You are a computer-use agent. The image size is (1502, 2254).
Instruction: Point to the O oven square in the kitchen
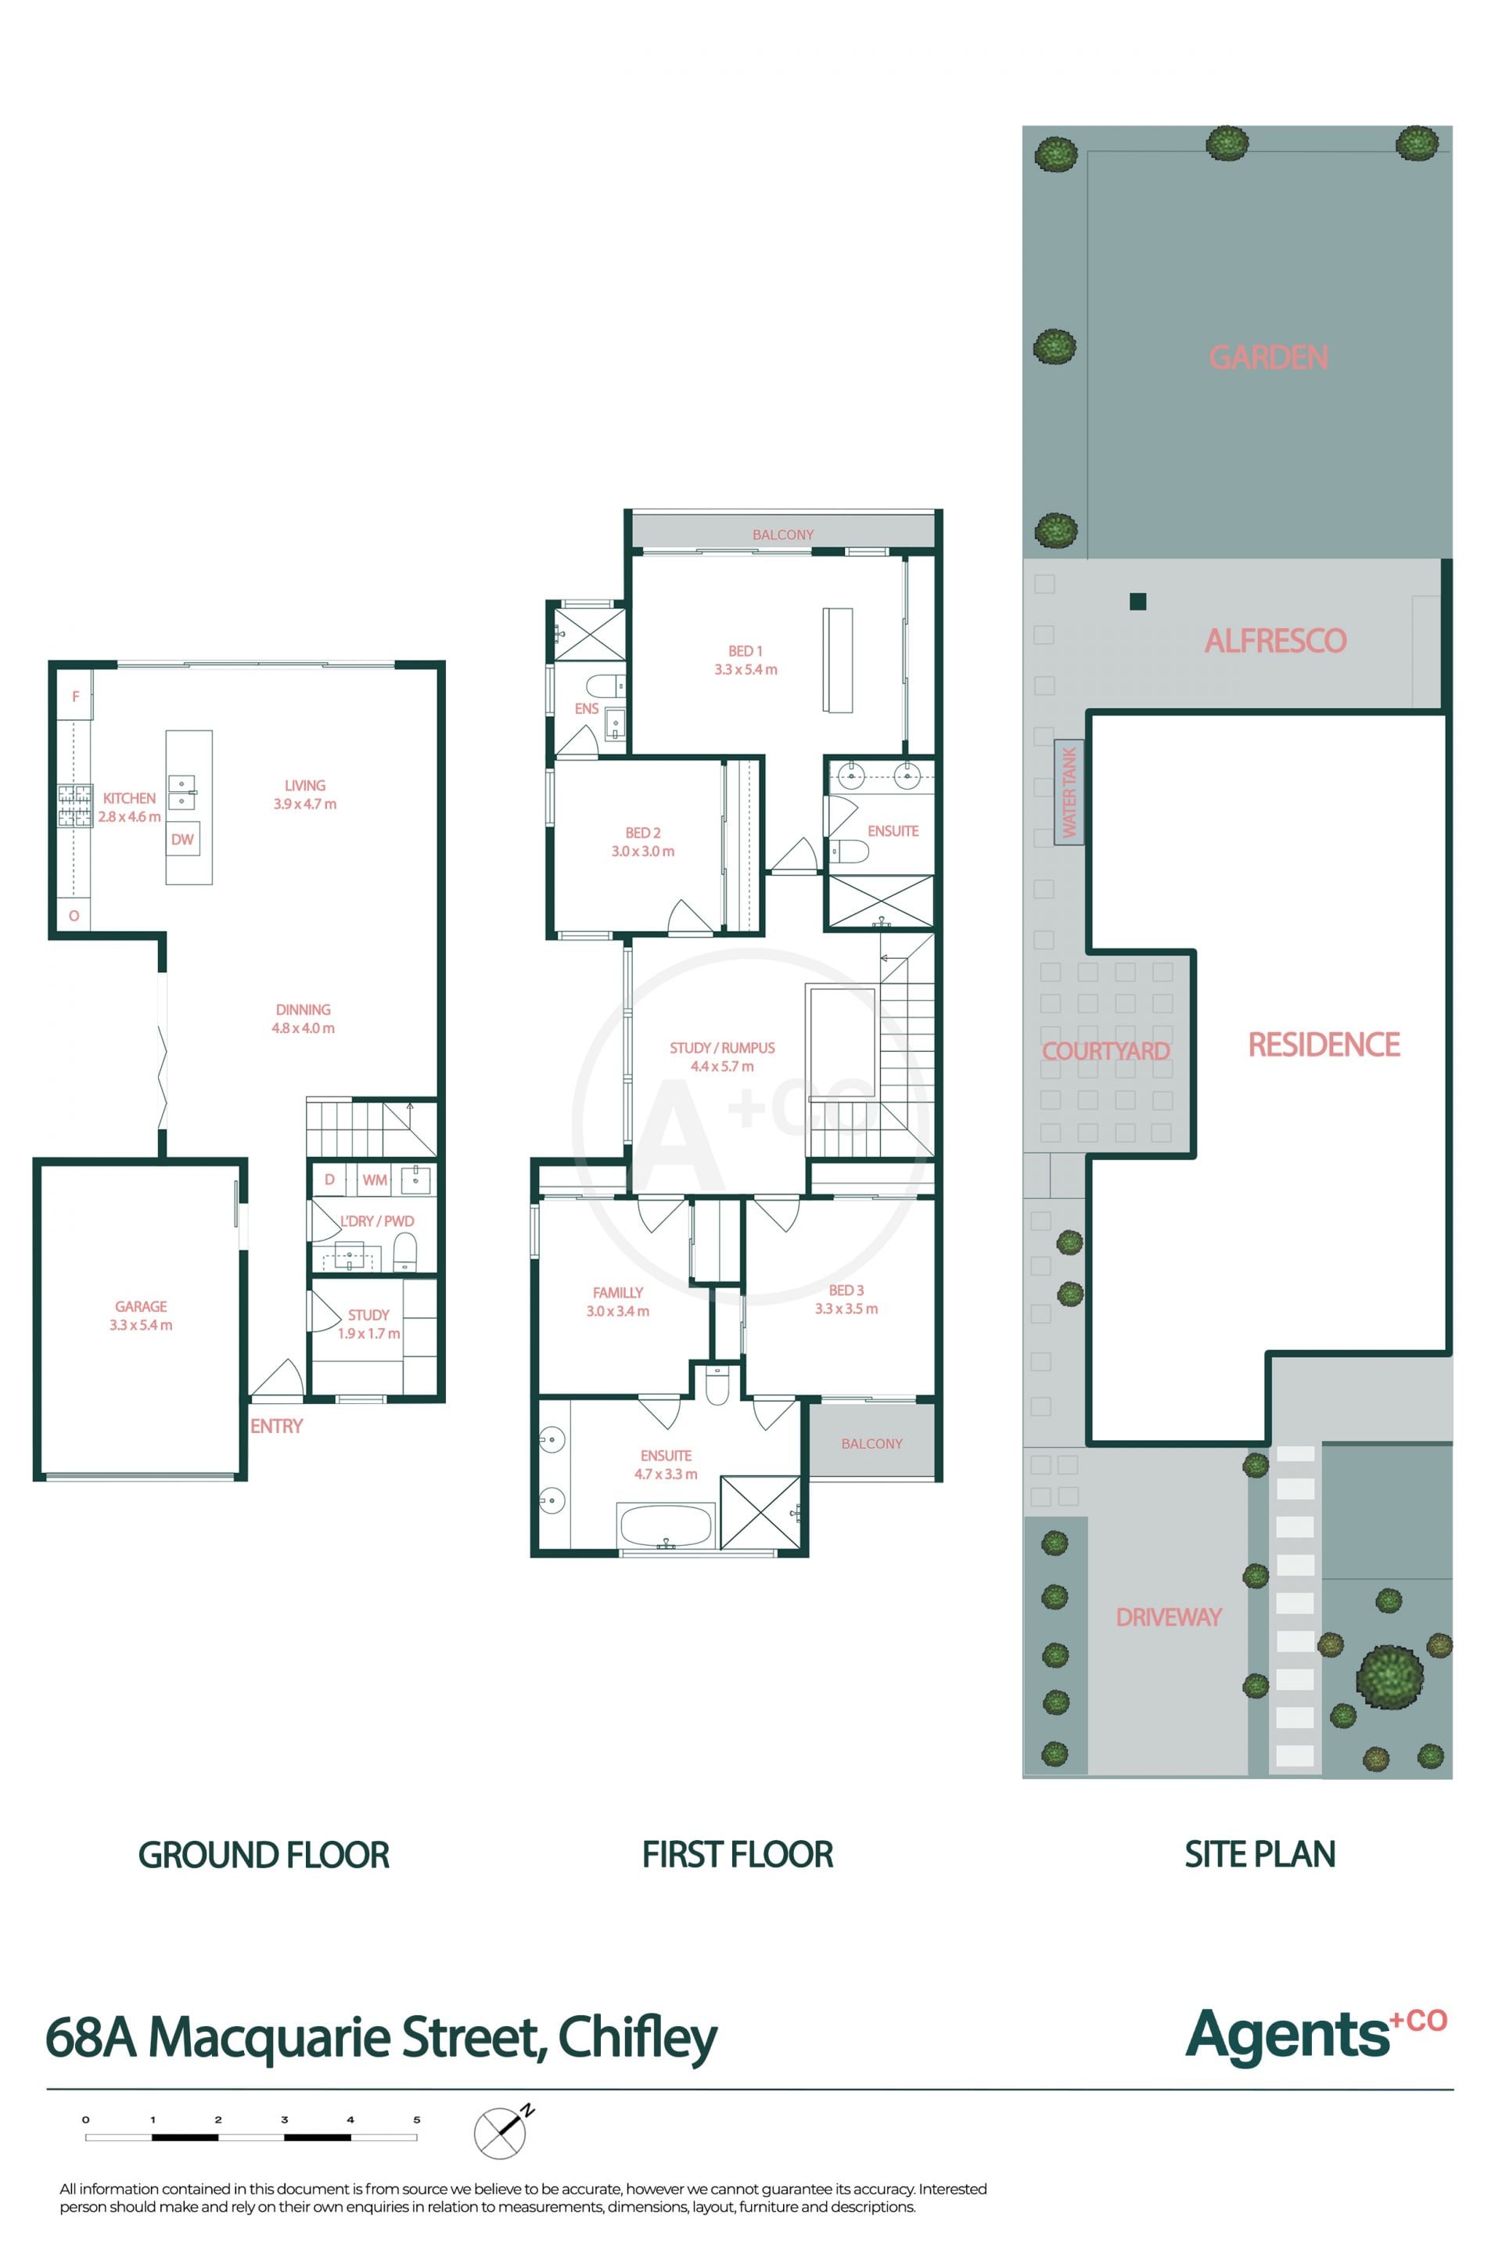74,915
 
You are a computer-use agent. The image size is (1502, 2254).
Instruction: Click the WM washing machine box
375,1179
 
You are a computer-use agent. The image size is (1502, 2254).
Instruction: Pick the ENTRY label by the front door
277,1426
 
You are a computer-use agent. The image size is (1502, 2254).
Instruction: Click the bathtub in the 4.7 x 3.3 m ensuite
667,1525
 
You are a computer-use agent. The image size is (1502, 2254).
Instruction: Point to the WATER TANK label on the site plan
1069,791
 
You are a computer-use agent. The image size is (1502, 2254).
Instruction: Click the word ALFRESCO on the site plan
1275,640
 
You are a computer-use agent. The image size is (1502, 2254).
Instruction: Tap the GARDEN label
1268,358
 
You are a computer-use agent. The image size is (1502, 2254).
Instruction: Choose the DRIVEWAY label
1169,1617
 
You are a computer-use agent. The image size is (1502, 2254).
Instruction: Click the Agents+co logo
1316,2033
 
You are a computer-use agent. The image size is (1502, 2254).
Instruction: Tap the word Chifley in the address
637,2038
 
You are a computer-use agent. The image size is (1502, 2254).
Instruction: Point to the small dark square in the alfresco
1138,602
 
